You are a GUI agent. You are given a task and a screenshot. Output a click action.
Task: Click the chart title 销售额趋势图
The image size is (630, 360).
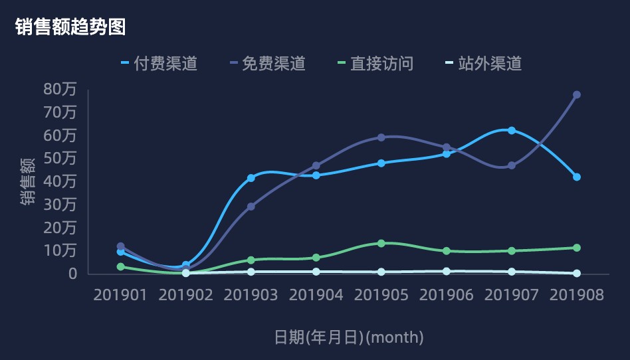coord(70,27)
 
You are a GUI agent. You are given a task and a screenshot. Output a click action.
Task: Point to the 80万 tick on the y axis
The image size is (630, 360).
coord(60,89)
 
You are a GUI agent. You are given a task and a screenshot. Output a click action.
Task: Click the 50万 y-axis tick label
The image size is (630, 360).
coord(60,158)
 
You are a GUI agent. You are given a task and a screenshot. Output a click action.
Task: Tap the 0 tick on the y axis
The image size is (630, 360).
coord(73,274)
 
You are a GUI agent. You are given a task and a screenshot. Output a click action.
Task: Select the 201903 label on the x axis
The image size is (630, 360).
coord(251,295)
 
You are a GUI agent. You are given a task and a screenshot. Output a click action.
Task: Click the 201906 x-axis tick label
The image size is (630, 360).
coord(447,295)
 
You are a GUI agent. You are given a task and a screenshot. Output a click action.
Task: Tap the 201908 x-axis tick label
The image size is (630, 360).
coord(577,295)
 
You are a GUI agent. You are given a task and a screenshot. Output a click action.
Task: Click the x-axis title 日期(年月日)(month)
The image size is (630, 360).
coord(349,337)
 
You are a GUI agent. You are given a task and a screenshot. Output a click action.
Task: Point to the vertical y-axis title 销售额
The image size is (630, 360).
coord(28,181)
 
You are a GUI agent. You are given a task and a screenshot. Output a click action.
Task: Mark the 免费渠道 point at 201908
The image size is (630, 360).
coord(577,95)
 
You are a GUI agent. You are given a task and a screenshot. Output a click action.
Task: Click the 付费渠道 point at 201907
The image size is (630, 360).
coord(512,130)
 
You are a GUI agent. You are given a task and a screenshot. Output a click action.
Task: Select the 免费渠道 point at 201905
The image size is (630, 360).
coord(381,137)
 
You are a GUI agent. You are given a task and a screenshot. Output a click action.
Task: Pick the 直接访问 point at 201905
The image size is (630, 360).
coord(381,243)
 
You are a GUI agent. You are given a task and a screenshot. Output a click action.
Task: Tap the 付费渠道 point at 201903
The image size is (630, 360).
coord(251,178)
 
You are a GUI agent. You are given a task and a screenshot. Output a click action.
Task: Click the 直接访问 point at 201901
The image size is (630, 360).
coord(121,266)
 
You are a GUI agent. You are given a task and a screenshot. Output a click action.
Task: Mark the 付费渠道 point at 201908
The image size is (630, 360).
coord(577,177)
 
